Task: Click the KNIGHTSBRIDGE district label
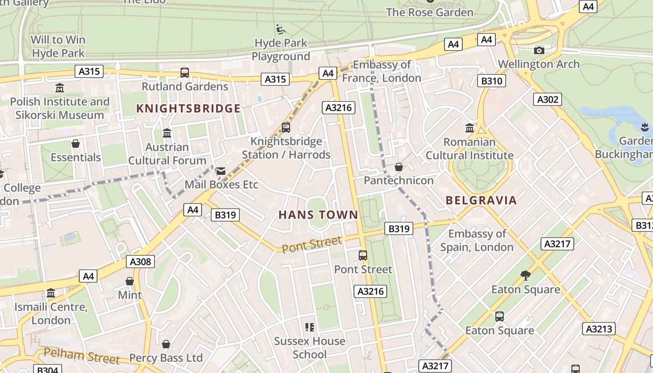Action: coord(188,109)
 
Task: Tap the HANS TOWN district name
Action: coord(318,215)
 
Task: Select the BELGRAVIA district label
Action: coord(481,200)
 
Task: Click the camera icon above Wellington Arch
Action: coord(539,50)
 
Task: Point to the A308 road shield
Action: coord(140,262)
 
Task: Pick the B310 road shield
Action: coord(492,81)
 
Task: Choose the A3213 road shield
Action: coord(599,329)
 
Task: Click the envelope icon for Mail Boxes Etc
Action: coord(221,171)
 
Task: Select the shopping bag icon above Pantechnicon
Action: coord(399,167)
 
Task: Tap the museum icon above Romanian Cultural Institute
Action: coord(470,128)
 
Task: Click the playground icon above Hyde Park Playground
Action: coord(280,29)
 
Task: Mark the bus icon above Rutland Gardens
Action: coord(185,73)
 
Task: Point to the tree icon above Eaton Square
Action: coord(526,276)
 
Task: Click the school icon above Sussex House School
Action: coord(310,327)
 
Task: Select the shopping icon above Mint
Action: coord(130,281)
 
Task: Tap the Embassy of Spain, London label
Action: coord(477,241)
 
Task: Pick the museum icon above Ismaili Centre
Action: coord(51,293)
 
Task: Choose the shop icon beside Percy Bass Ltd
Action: coord(166,344)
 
